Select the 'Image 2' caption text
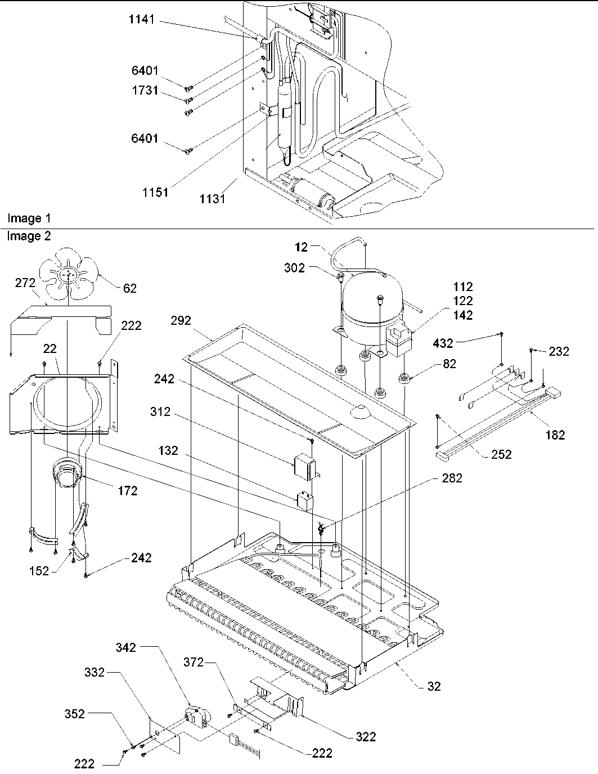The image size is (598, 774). click(x=29, y=236)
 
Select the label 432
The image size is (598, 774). click(x=444, y=342)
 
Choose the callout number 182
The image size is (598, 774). click(x=555, y=435)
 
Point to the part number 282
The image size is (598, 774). click(x=451, y=478)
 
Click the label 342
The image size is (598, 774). click(x=125, y=647)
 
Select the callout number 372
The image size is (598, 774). click(x=194, y=663)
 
